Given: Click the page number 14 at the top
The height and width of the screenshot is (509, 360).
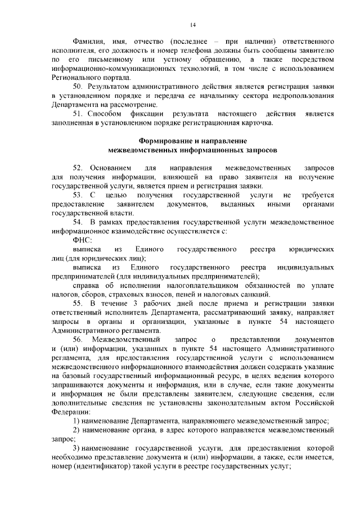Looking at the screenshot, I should [x=193, y=24].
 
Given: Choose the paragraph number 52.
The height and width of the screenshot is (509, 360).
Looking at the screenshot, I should [x=78, y=168].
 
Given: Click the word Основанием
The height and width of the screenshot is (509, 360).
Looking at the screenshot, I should [x=110, y=168].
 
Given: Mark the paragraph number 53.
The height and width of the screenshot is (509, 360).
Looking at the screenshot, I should [x=78, y=195].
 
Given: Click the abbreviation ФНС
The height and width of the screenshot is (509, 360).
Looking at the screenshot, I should [x=82, y=239].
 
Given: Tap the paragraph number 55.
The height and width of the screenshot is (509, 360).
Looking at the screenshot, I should [x=78, y=304].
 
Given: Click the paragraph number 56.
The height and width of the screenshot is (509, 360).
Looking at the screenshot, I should [x=78, y=340].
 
